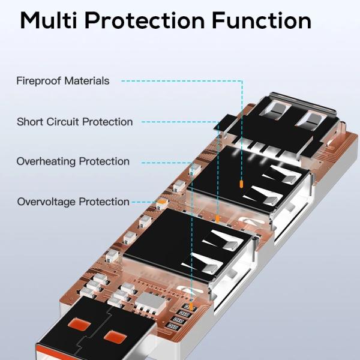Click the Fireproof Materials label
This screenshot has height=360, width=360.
click(x=63, y=80)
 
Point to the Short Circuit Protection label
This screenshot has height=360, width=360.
click(x=75, y=122)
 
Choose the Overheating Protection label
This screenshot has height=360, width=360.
click(x=73, y=161)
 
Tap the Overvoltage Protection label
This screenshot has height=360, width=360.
click(x=73, y=202)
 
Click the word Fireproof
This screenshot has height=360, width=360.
click(x=39, y=80)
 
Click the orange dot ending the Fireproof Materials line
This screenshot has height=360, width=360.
click(x=241, y=184)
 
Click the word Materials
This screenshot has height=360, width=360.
click(x=88, y=80)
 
